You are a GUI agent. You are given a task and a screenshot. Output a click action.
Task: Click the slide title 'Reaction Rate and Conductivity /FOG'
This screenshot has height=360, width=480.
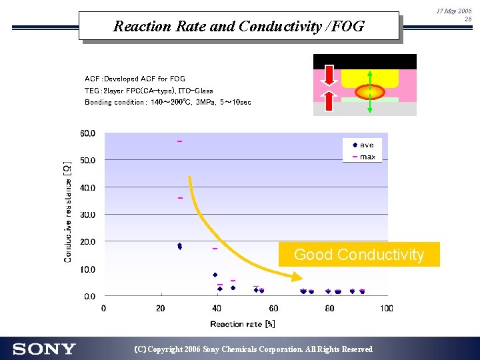(239, 27)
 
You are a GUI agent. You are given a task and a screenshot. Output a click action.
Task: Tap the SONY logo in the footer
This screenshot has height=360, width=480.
(44, 349)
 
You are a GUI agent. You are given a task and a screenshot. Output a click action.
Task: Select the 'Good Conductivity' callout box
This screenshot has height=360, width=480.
(359, 255)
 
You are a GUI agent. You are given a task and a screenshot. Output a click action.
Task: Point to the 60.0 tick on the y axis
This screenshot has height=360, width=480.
(88, 133)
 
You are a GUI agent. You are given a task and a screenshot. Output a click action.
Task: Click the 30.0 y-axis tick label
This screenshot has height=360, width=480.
(88, 215)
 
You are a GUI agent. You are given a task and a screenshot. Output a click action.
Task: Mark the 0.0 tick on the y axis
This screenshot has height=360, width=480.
(89, 297)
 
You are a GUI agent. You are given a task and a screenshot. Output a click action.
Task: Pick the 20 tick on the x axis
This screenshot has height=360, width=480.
(160, 309)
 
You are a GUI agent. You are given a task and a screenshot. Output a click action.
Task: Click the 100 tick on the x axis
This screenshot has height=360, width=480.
(387, 309)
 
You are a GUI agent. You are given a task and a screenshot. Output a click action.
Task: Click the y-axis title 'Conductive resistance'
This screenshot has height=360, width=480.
(67, 211)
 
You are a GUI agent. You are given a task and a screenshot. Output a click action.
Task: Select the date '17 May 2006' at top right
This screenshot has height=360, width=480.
(454, 11)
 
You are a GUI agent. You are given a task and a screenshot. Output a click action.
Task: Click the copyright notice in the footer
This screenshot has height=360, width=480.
(253, 349)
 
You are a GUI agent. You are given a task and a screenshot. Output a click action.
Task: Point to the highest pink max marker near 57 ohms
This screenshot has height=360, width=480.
(179, 141)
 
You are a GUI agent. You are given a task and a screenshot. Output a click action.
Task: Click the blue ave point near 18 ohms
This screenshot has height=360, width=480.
(179, 246)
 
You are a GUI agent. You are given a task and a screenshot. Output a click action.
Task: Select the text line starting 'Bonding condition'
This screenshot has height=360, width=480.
(168, 103)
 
